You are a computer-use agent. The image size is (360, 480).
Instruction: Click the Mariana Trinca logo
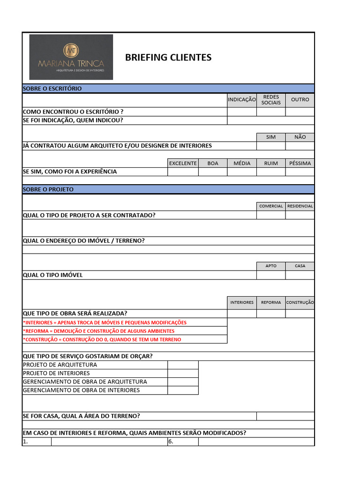71,57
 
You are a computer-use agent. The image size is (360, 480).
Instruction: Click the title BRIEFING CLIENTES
168,58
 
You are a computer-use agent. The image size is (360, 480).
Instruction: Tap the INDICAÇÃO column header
242,100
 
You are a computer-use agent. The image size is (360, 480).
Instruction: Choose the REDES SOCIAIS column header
271,100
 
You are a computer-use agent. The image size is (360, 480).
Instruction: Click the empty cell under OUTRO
300,112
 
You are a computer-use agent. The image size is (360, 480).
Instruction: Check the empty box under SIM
271,146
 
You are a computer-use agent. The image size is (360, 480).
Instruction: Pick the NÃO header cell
300,137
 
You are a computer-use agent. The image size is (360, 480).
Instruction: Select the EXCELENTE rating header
183,163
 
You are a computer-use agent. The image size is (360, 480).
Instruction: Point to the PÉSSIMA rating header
300,163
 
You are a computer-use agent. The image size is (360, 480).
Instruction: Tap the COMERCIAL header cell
271,206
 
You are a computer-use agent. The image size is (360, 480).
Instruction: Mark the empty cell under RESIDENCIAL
300,215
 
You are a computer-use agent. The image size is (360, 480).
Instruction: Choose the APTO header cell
271,266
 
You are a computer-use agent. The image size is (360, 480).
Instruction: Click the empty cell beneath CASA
300,275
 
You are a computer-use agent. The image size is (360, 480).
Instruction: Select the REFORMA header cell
271,303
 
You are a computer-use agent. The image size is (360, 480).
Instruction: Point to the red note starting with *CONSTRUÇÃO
102,339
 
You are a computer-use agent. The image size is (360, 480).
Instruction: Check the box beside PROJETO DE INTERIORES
183,374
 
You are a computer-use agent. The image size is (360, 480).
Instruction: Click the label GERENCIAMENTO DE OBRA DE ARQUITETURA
85,382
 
